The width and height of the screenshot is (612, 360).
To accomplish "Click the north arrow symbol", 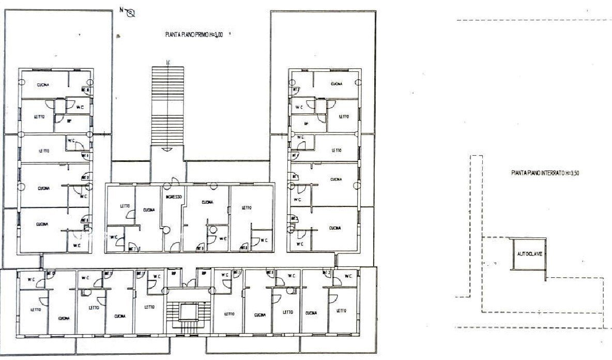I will [131, 13].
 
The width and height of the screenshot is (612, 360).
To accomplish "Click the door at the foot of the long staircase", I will [167, 149].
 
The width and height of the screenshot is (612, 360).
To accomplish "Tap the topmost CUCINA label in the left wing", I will [42, 85].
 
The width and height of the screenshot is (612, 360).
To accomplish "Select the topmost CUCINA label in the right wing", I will [336, 83].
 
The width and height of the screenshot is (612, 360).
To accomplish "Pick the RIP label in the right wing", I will [306, 124].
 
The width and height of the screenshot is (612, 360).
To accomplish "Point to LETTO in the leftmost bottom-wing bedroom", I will [35, 309].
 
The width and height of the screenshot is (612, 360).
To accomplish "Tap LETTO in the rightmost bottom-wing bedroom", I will [341, 311].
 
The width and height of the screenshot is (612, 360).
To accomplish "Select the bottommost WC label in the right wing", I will [300, 243].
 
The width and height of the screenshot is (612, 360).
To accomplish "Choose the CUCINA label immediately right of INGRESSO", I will [207, 202].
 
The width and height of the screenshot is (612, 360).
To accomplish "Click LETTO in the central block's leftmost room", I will [125, 205].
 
